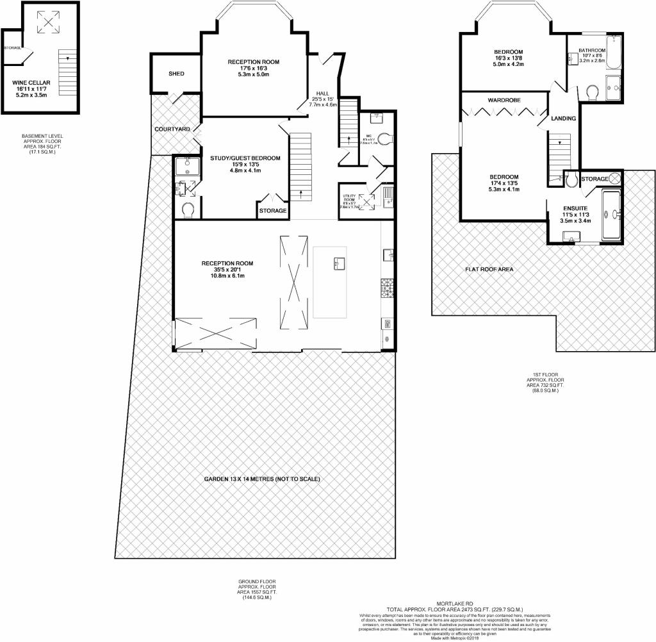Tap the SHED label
[176, 74]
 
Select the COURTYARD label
[172, 129]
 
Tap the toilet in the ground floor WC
[384, 137]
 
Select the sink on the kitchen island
[339, 263]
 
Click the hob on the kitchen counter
[387, 286]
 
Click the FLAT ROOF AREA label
[489, 269]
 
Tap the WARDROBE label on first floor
[504, 101]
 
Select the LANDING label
[563, 119]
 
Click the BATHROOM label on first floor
[592, 50]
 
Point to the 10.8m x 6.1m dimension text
[227, 276]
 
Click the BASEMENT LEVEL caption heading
[42, 136]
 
